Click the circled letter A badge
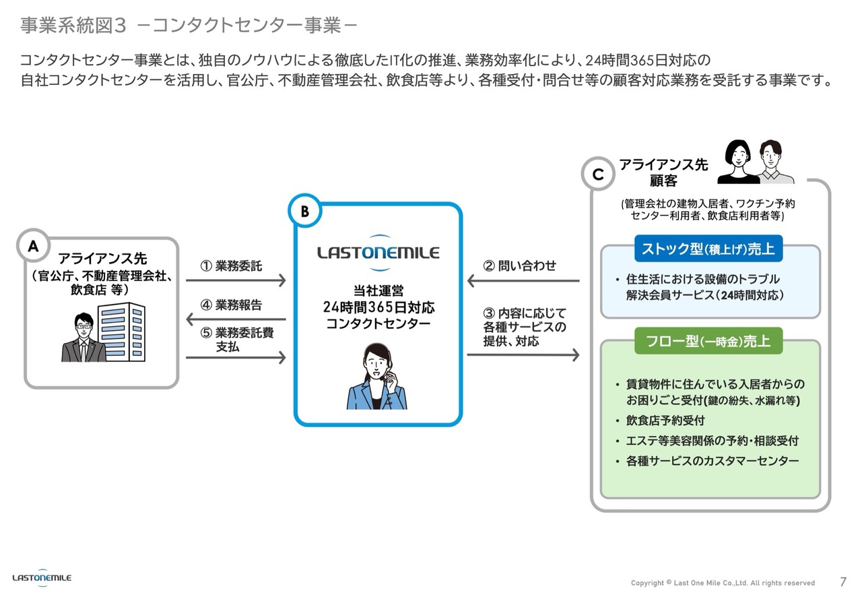pyautogui.click(x=33, y=247)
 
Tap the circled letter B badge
pyautogui.click(x=304, y=212)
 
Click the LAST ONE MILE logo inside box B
pyautogui.click(x=378, y=253)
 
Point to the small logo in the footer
pyautogui.click(x=42, y=578)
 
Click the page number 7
pyautogui.click(x=843, y=582)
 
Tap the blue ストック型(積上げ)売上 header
pyautogui.click(x=708, y=249)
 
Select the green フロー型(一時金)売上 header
pyautogui.click(x=708, y=341)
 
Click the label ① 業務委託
pyautogui.click(x=232, y=265)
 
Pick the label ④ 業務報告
pyautogui.click(x=232, y=305)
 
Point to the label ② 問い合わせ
pyautogui.click(x=520, y=265)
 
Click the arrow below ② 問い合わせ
pyautogui.click(x=523, y=280)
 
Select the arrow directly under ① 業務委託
pyautogui.click(x=235, y=280)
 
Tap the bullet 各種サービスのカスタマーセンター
pyautogui.click(x=712, y=461)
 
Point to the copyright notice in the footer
pyautogui.click(x=723, y=583)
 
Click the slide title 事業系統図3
pyautogui.click(x=73, y=26)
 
